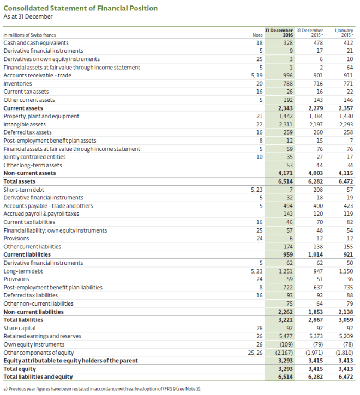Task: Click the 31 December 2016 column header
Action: (x=279, y=32)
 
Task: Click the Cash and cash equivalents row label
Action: (x=36, y=42)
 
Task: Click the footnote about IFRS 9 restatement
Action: (x=103, y=388)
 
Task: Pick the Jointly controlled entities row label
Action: (x=32, y=157)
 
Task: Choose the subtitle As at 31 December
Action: (x=28, y=16)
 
